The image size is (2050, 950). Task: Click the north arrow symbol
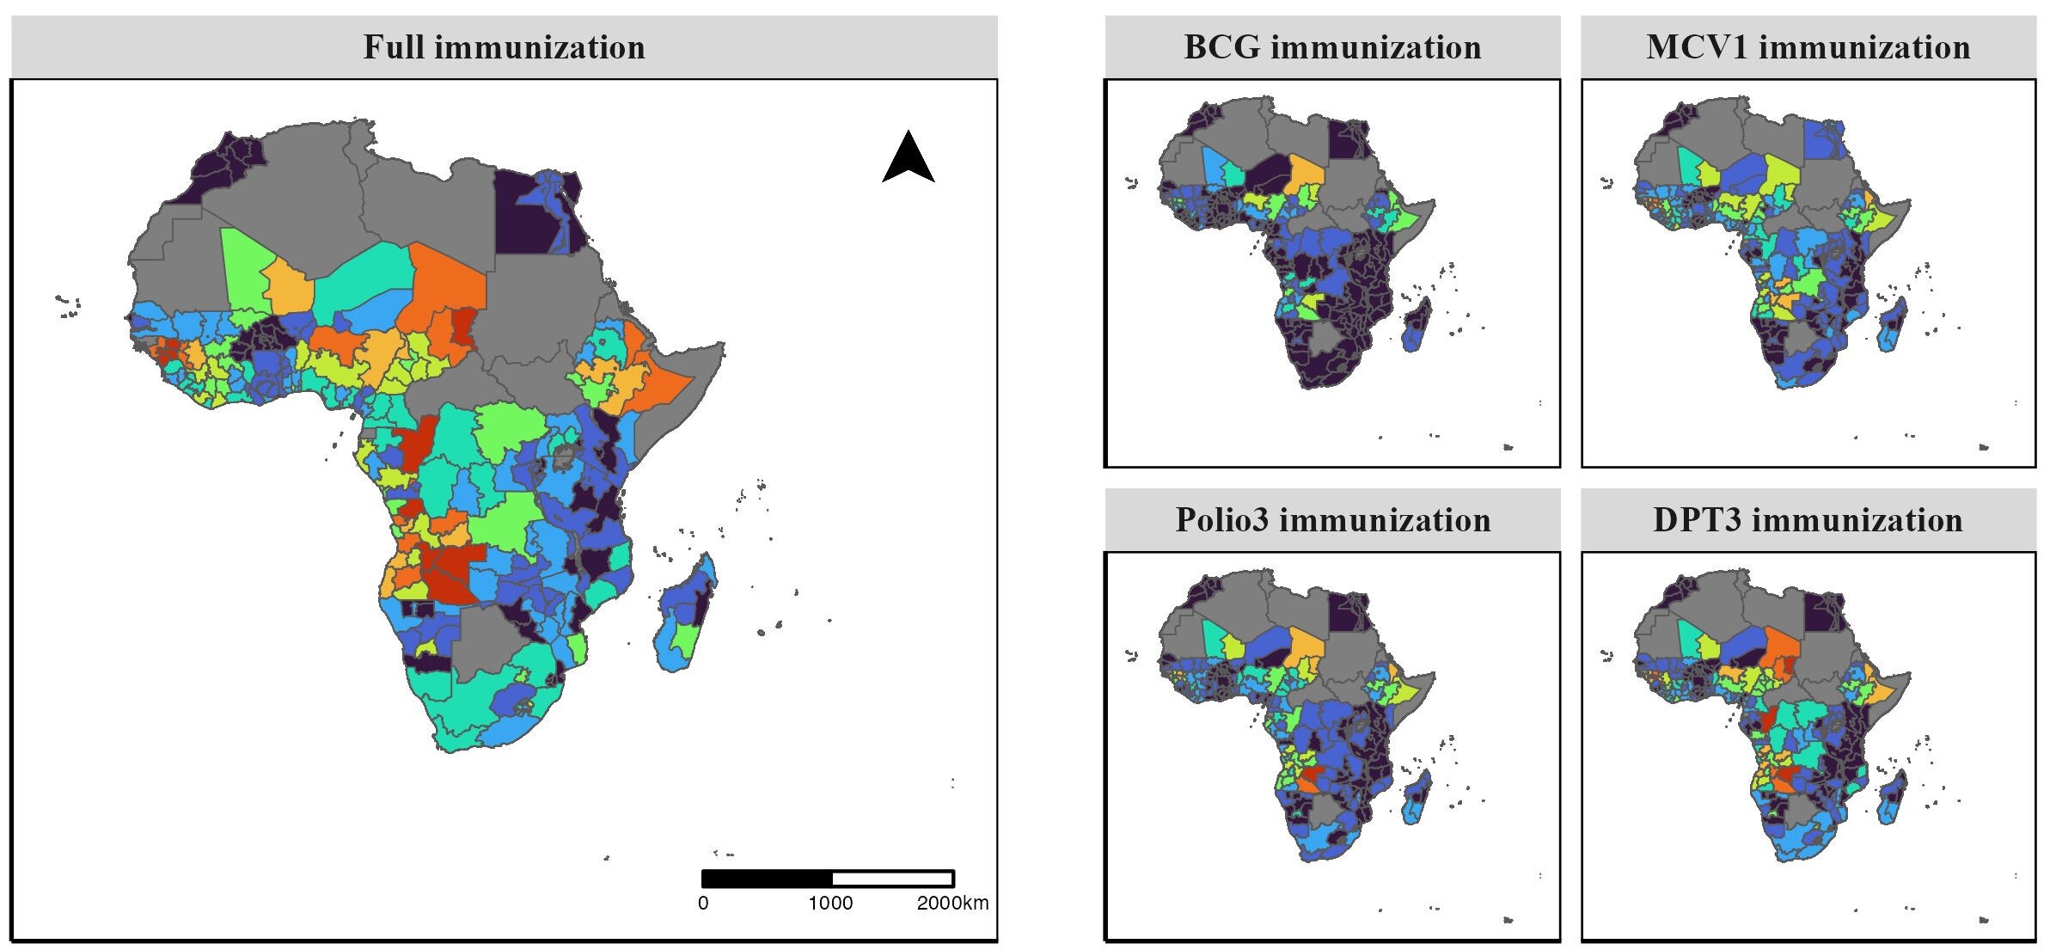tap(908, 158)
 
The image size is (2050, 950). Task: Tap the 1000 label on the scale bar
tap(829, 903)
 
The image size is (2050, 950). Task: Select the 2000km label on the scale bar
tap(952, 903)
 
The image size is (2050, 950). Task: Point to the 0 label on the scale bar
tap(703, 903)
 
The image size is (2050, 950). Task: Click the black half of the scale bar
tap(767, 878)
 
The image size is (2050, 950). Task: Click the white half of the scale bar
tap(892, 878)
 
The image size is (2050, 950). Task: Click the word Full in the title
tap(393, 47)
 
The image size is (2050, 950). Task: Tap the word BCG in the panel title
tap(1221, 47)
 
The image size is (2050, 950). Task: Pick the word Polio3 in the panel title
tap(1221, 520)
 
